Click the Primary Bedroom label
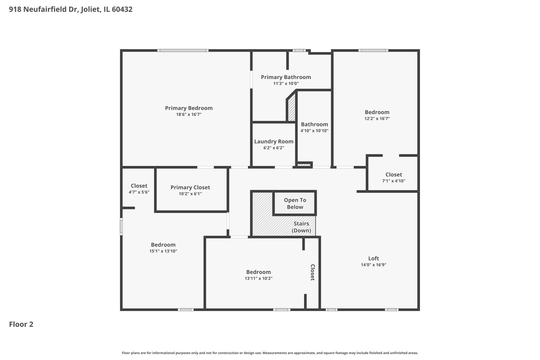pos(189,108)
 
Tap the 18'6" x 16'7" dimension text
pos(189,115)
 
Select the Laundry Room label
pos(274,142)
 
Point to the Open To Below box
pos(295,203)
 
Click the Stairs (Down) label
pos(301,227)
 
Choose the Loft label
pos(373,258)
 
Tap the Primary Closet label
pos(190,187)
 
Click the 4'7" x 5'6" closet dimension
pos(139,192)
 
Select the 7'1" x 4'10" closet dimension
pos(394,181)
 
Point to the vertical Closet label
pos(313,272)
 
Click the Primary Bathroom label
pos(286,77)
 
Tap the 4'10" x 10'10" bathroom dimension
pos(314,131)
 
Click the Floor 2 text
pos(21,324)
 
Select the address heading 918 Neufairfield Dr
pos(71,9)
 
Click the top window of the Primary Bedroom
pos(183,51)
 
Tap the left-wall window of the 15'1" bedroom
pos(121,226)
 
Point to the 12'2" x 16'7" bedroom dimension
pos(377,119)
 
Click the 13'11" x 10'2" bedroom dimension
pos(258,278)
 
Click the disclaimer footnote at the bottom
pos(270,353)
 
